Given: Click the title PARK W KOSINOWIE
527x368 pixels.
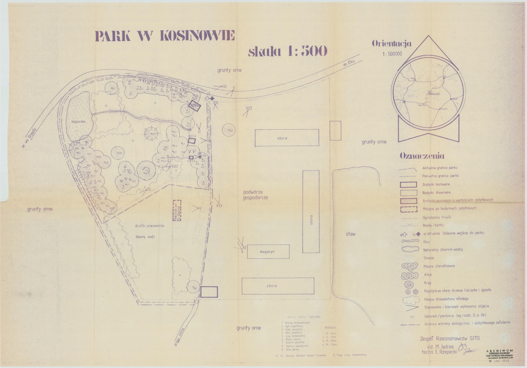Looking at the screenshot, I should click(165, 36).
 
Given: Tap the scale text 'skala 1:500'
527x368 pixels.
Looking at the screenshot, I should click(288, 51).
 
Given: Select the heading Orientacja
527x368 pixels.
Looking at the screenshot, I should click(392, 44).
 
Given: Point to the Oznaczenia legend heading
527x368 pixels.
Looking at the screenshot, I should click(422, 156).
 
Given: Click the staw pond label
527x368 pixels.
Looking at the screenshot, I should click(351, 234).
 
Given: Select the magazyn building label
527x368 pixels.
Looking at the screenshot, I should click(267, 251).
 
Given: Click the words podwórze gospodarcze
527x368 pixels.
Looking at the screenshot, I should click(256, 195).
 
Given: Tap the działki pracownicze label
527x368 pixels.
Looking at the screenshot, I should click(150, 226).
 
